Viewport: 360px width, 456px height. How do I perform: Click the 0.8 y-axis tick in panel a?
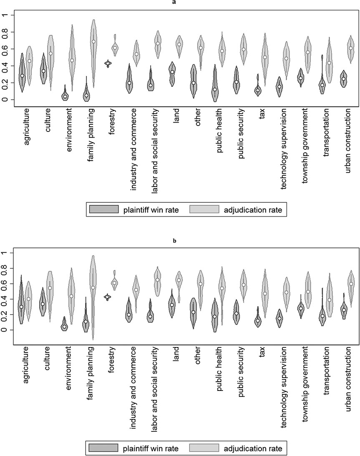coord(6,32)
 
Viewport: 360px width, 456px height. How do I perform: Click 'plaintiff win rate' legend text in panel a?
coord(151,210)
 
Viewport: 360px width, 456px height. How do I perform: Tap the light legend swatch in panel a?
coord(204,210)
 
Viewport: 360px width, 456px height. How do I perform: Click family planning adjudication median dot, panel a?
coord(93,41)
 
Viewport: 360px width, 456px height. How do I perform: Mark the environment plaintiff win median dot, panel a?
coord(65,97)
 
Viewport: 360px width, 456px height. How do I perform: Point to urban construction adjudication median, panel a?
coord(351,48)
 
